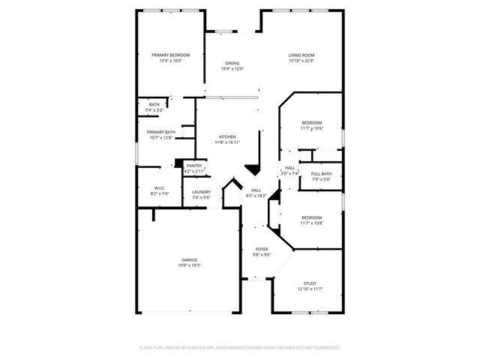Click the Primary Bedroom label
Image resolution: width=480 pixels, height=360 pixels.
[170, 55]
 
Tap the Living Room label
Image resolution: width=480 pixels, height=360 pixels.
[301, 55]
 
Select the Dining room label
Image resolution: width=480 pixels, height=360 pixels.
[232, 63]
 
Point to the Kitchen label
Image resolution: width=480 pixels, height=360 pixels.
[227, 136]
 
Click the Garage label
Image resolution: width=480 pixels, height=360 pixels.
[189, 259]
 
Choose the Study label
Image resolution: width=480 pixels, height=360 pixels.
[309, 283]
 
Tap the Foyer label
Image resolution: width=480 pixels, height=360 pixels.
[262, 249]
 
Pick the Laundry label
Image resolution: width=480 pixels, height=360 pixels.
[201, 192]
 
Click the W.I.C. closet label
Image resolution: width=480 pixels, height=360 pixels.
[159, 188]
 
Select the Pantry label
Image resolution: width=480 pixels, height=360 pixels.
[194, 166]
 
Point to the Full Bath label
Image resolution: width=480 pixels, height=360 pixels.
[321, 174]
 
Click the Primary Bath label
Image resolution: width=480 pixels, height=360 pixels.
[161, 132]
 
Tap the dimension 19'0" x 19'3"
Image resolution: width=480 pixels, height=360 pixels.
[189, 265]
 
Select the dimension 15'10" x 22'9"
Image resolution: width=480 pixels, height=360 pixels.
[301, 61]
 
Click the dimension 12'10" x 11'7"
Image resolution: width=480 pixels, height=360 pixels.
[309, 288]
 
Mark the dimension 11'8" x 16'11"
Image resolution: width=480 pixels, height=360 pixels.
[227, 142]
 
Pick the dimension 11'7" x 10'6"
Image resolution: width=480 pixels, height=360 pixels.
[312, 128]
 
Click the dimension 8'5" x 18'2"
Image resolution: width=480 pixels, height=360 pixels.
[256, 196]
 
